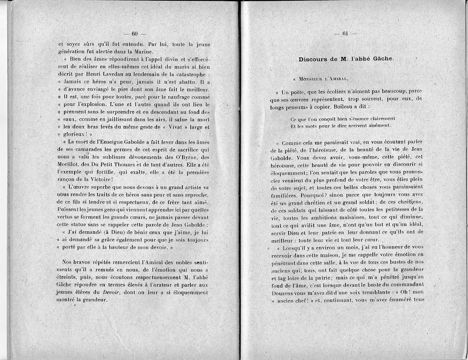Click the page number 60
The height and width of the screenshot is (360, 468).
135,33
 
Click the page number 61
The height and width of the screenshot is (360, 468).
345,33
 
